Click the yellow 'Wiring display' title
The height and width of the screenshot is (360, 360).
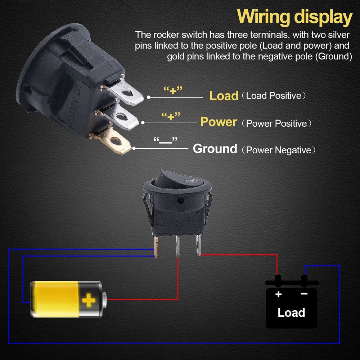point(294,17)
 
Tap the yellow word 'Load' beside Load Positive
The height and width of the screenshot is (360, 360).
point(224,96)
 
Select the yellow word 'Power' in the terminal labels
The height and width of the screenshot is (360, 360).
point(219,122)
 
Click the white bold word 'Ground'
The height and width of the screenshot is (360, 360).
point(215,149)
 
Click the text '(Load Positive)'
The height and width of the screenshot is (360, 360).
point(274,96)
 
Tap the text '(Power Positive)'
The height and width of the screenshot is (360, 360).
point(276,123)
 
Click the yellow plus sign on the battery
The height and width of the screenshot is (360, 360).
point(89,300)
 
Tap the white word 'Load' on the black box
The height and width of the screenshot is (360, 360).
point(291,312)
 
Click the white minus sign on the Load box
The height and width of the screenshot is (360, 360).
point(304,294)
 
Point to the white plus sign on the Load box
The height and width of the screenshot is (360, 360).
point(279,294)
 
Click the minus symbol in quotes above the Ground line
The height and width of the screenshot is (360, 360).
point(166,141)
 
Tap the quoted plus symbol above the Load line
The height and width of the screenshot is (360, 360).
point(173,90)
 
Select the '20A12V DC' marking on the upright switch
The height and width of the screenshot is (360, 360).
point(177,223)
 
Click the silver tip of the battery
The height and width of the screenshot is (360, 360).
point(104,300)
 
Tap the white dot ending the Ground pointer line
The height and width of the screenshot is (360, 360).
point(134,149)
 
